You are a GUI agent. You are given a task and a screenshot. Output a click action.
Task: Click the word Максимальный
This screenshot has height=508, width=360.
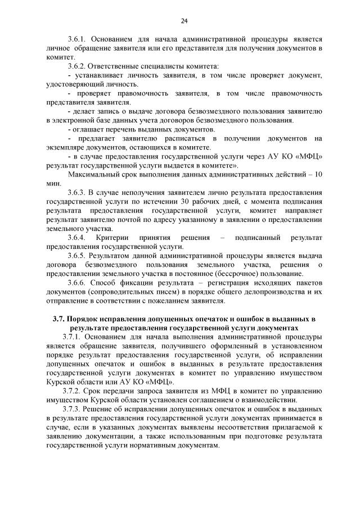93,174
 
